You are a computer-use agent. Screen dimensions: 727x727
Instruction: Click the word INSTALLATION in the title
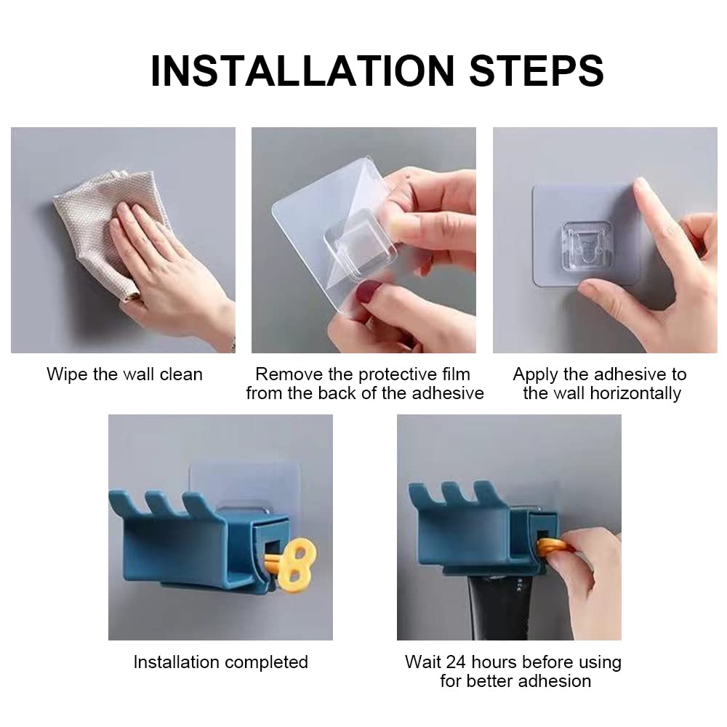302,71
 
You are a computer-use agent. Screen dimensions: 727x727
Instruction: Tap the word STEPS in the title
537,71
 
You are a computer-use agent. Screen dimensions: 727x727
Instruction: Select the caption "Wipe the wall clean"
125,374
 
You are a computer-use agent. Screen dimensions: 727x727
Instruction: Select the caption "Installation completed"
221,662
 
